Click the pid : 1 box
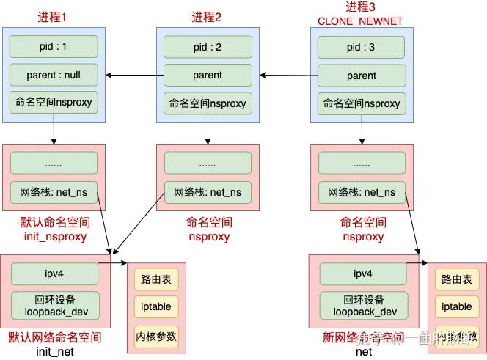[54, 47]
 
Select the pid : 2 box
[208, 47]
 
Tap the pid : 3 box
[362, 47]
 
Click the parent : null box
[54, 75]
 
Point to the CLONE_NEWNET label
[361, 21]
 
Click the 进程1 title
[54, 16]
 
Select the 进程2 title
[208, 16]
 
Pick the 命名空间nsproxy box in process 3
[362, 103]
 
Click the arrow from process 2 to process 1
[131, 75]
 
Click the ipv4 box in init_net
[54, 273]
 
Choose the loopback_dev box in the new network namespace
[362, 305]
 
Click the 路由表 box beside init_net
[156, 279]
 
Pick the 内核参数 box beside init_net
[156, 337]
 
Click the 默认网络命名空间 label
[54, 338]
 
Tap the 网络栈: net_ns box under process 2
[208, 192]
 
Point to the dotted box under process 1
[54, 163]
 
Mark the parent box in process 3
[362, 75]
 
